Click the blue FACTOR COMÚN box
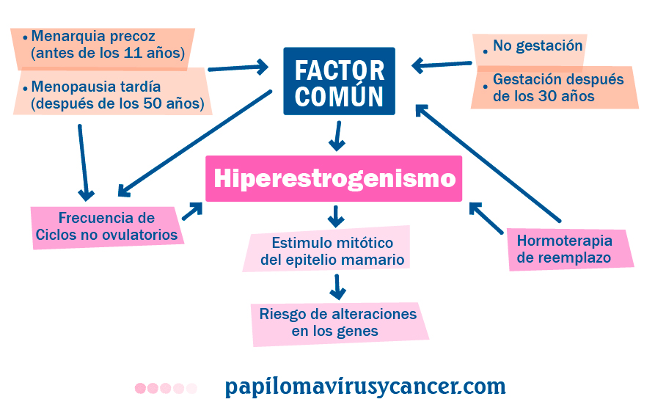click(x=339, y=81)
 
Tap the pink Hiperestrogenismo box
click(x=334, y=178)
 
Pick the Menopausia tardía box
click(x=114, y=95)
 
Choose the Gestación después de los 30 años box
click(x=555, y=87)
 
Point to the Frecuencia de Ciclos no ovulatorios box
click(x=107, y=226)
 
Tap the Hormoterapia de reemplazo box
click(x=568, y=248)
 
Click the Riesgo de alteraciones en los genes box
click(x=337, y=323)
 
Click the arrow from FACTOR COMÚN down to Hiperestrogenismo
click(x=337, y=136)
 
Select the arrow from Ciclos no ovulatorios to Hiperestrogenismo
click(x=192, y=212)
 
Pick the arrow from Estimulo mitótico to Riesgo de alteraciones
click(x=337, y=287)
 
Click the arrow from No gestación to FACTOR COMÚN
click(x=441, y=65)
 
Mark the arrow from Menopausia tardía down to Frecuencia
click(x=83, y=162)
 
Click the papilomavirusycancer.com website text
click(x=365, y=387)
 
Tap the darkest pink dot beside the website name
click(x=140, y=388)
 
